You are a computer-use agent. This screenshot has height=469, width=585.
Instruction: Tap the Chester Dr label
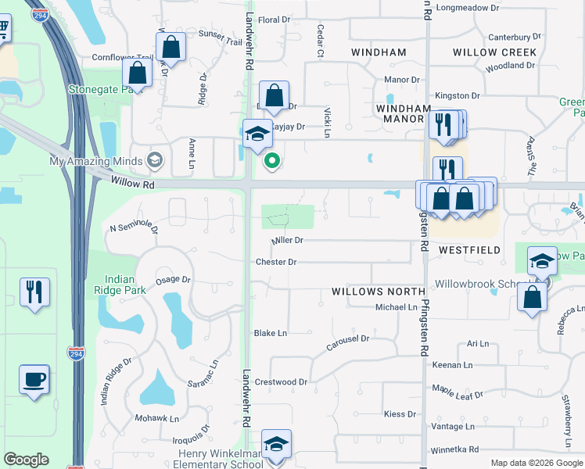tap(276, 263)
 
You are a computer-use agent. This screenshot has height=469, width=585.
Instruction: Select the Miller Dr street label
tap(286, 241)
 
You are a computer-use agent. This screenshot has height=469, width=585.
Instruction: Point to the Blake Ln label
tap(271, 333)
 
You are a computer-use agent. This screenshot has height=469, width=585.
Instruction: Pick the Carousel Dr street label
tap(348, 339)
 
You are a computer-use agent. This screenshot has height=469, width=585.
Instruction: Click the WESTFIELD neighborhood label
tap(469, 250)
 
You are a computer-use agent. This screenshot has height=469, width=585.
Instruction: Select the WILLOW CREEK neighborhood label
tap(495, 52)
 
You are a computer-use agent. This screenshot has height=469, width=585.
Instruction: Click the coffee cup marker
tap(34, 380)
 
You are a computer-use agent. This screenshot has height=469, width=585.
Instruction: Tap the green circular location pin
tap(272, 162)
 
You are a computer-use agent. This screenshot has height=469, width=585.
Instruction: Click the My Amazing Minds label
tap(96, 162)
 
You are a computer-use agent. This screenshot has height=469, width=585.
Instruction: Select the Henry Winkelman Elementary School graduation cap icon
tap(275, 445)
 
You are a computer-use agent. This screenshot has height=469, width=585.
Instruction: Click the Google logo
tap(26, 460)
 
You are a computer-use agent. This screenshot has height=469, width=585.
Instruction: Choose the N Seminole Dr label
tap(134, 228)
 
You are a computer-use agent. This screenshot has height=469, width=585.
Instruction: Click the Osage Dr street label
tap(174, 279)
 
